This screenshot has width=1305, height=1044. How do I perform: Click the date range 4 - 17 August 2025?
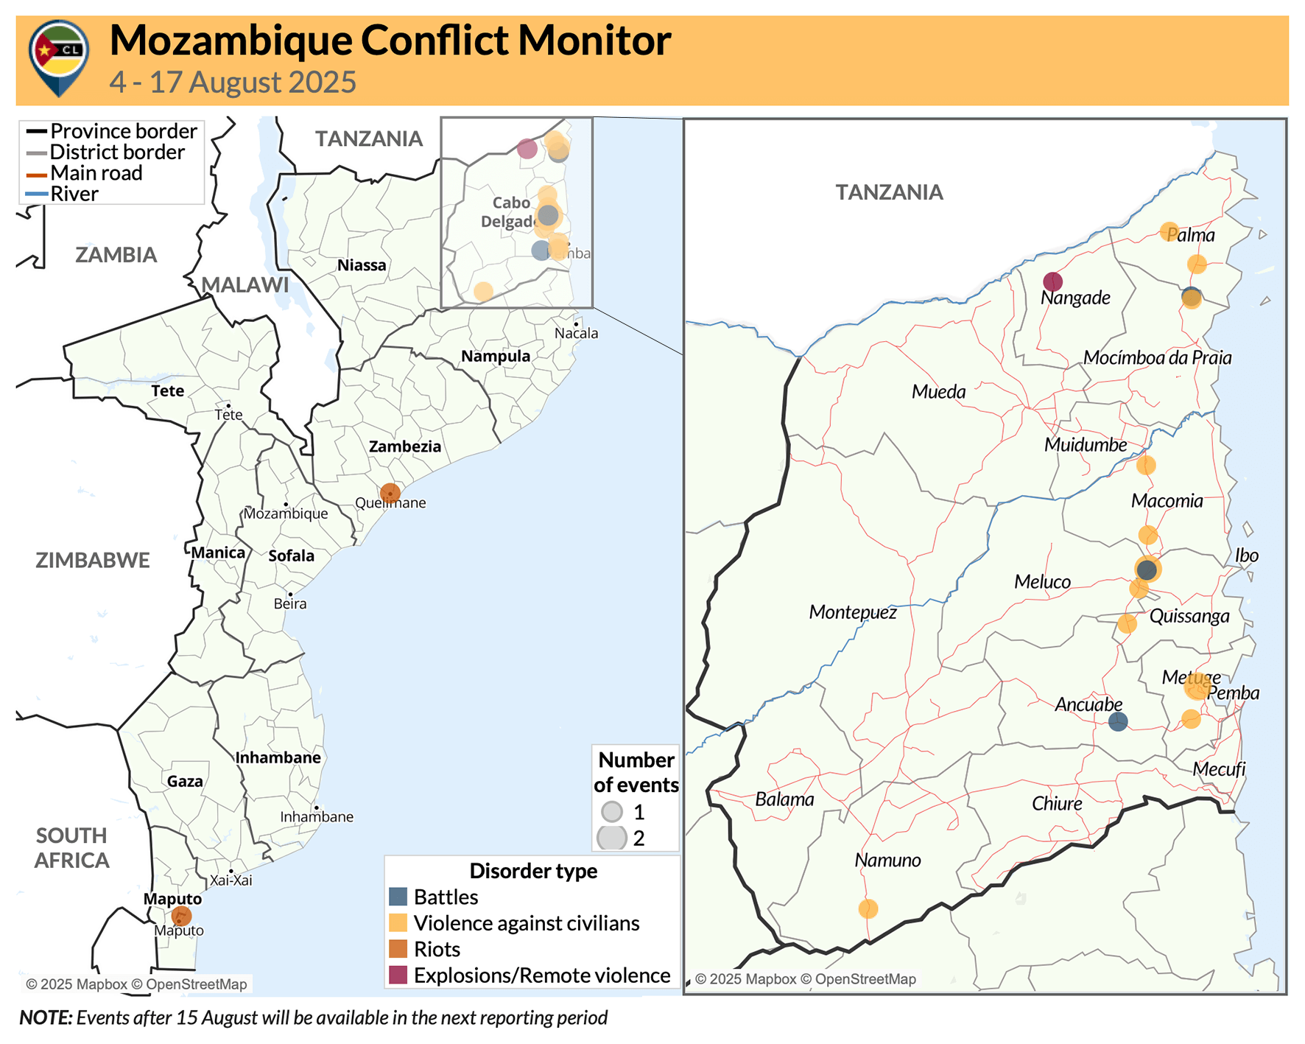click(233, 83)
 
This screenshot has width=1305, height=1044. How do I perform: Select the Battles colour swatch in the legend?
click(398, 897)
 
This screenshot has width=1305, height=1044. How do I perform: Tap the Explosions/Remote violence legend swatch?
click(398, 975)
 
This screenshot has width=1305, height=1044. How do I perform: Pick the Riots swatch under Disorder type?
click(398, 949)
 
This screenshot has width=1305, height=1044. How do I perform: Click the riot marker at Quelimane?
click(390, 493)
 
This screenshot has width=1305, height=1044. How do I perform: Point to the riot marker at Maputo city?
click(181, 916)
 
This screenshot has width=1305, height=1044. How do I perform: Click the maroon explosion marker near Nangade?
click(1053, 281)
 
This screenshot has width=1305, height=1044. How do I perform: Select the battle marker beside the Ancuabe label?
click(1118, 721)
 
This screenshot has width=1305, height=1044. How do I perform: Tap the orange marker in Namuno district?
click(868, 908)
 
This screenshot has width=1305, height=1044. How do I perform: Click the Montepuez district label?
click(853, 612)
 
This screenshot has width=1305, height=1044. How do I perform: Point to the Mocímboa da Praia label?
click(1157, 358)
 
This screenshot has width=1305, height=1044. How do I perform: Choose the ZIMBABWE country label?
click(93, 560)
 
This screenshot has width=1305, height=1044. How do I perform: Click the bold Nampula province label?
click(496, 357)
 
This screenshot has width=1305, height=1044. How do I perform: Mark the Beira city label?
click(290, 604)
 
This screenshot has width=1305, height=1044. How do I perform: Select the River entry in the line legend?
click(74, 195)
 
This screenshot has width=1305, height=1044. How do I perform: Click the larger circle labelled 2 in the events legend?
click(611, 838)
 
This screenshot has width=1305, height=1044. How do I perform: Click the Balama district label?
click(784, 799)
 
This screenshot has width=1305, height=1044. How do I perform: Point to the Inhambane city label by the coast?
click(317, 817)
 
